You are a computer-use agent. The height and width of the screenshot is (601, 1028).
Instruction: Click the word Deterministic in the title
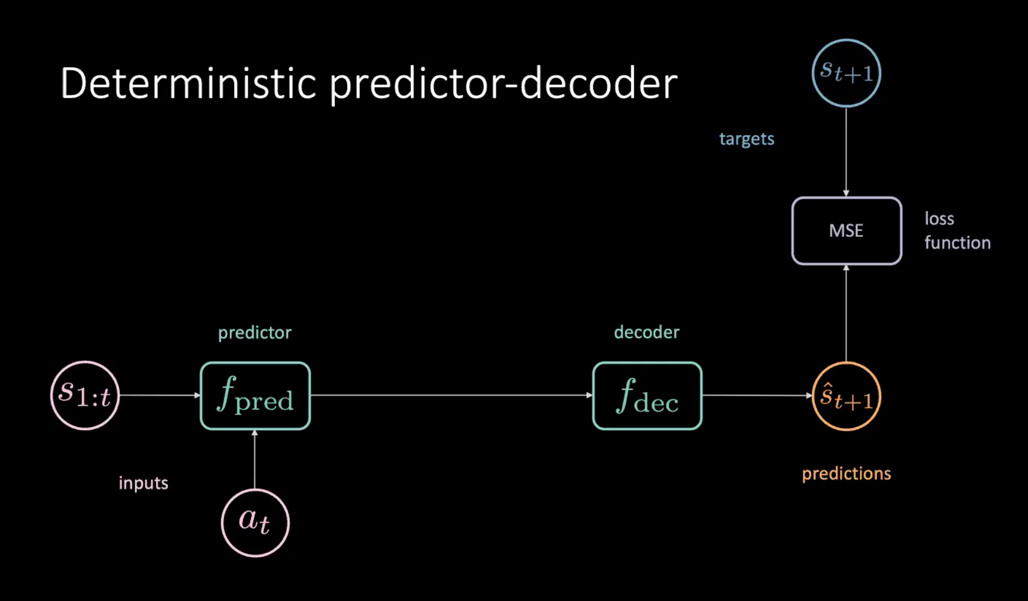pos(188,83)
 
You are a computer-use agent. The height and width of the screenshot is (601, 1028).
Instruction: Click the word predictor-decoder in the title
pos(503,85)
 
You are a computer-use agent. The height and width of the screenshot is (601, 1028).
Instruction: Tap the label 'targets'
pos(747,138)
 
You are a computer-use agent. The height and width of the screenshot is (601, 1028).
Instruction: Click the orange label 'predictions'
pos(846,474)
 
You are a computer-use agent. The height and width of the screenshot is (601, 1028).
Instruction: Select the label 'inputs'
pos(143,483)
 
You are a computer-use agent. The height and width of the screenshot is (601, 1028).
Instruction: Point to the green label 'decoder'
pos(646,332)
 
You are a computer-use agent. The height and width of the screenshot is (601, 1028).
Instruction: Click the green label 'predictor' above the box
pos(255,333)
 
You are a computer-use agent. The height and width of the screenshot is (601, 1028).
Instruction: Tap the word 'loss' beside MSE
pos(939,219)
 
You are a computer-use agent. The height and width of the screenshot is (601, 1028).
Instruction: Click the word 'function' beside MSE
pos(957,243)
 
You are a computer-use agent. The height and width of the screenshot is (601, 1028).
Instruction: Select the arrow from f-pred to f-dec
pos(451,395)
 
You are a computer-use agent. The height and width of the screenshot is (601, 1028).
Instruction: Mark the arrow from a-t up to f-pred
pos(255,459)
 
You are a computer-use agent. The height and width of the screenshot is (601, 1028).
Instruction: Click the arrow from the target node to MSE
pos(846,152)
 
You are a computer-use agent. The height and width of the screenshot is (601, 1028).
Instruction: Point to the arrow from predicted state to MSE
pos(846,313)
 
